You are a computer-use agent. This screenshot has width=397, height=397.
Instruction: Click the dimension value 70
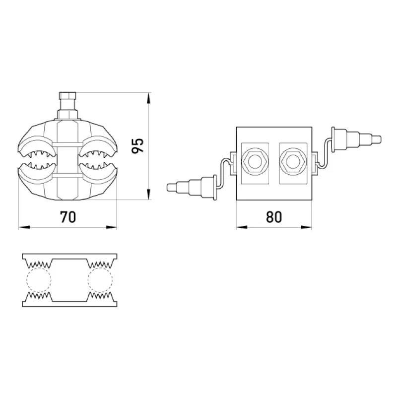tap(68, 217)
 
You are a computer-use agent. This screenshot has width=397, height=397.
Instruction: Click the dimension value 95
tap(138, 145)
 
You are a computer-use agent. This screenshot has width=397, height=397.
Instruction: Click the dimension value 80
tap(274, 217)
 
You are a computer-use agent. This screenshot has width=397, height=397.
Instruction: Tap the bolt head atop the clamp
tap(67, 96)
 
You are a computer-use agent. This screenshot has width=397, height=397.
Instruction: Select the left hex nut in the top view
tap(255, 161)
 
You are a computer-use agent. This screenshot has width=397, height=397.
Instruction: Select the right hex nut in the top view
tap(293, 161)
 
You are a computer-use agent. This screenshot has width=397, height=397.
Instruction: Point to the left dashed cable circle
tap(39, 279)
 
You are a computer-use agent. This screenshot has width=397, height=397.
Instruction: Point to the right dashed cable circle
tap(100, 279)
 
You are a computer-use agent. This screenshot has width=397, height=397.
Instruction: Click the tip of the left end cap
tap(167, 188)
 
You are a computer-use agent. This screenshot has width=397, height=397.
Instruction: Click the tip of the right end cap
tap(381, 139)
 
